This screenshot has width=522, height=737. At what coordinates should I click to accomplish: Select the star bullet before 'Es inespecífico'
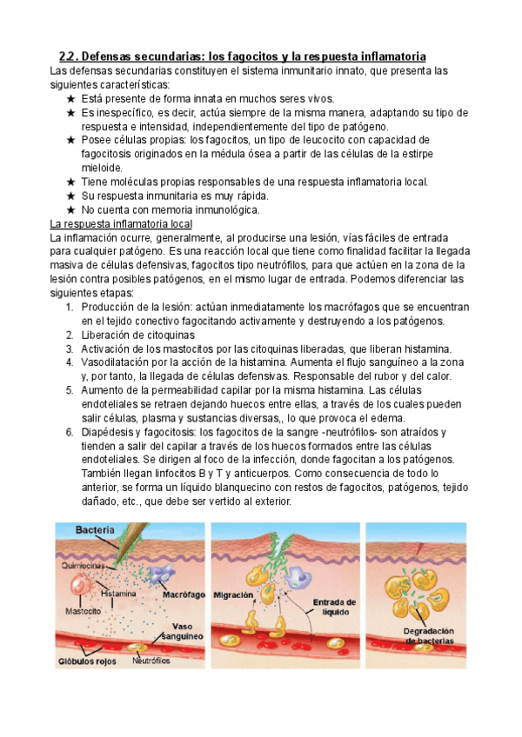[70, 113]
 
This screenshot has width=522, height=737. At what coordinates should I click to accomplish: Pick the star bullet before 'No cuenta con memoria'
[70, 209]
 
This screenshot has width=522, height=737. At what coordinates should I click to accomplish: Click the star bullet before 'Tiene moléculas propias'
[70, 182]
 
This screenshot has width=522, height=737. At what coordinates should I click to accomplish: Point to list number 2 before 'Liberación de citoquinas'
[70, 335]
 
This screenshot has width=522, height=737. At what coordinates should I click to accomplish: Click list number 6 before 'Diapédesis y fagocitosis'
[70, 432]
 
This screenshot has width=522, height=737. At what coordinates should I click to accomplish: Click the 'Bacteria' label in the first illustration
[94, 529]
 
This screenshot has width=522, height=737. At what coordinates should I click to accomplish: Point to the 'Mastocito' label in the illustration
[77, 610]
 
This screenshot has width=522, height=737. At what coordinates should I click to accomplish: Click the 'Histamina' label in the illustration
[119, 594]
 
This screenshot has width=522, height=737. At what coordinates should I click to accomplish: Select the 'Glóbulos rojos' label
[88, 661]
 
